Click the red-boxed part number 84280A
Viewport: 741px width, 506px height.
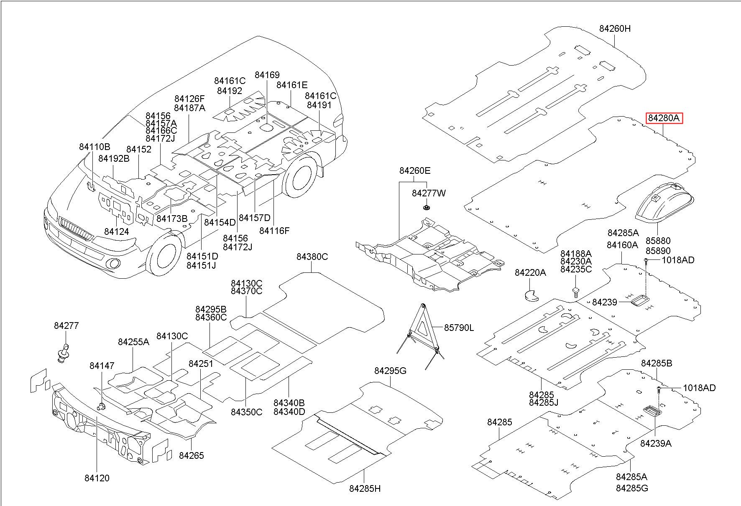point(664,118)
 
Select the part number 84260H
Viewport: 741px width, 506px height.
point(615,28)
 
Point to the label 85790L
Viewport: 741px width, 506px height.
point(459,328)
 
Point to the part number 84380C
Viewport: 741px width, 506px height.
point(312,257)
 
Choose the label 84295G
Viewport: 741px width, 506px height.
point(390,371)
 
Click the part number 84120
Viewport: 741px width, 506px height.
point(97,478)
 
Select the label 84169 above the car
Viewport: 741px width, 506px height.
point(267,75)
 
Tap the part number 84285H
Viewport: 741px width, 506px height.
point(365,488)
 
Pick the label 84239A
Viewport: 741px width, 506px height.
point(656,443)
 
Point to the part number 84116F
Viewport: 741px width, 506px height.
point(274,231)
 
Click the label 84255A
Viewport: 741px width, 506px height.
point(133,342)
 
